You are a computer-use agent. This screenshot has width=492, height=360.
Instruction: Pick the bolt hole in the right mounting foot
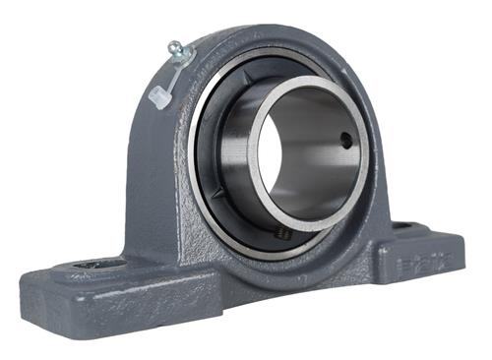[x=402, y=225]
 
